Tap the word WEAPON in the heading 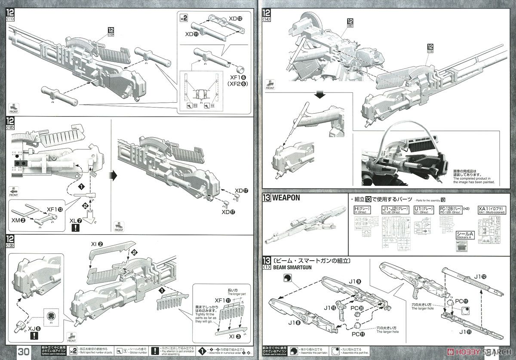[x=286, y=198]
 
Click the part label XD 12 [x=236, y=18]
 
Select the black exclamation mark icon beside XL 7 [x=76, y=228]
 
